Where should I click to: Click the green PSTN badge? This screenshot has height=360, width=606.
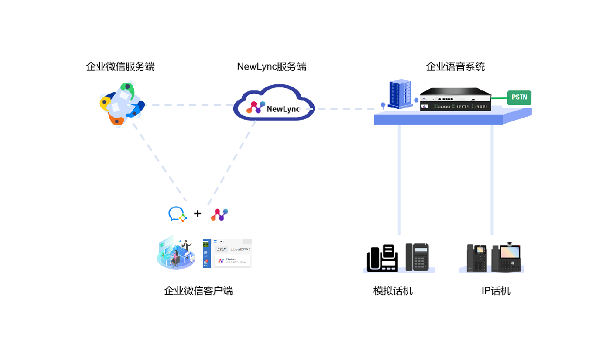click(x=519, y=97)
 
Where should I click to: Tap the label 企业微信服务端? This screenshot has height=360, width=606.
click(x=120, y=67)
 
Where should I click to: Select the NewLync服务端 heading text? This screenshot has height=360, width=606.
click(x=271, y=67)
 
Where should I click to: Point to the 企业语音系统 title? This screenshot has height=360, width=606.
click(x=455, y=67)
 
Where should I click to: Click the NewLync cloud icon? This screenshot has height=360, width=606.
click(x=274, y=105)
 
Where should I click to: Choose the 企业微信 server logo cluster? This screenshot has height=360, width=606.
click(x=122, y=104)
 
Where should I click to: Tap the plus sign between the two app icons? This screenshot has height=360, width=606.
click(x=198, y=214)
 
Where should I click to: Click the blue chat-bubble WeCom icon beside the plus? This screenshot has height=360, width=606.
click(x=177, y=214)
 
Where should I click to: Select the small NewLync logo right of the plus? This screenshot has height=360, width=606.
click(x=219, y=214)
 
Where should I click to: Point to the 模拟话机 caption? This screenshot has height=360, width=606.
click(x=393, y=291)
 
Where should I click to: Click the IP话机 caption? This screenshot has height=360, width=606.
click(x=496, y=291)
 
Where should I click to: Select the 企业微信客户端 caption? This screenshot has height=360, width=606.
click(x=198, y=291)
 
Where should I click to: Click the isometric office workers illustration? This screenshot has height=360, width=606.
click(x=176, y=252)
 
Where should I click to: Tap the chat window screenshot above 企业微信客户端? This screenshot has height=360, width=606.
click(x=227, y=252)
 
